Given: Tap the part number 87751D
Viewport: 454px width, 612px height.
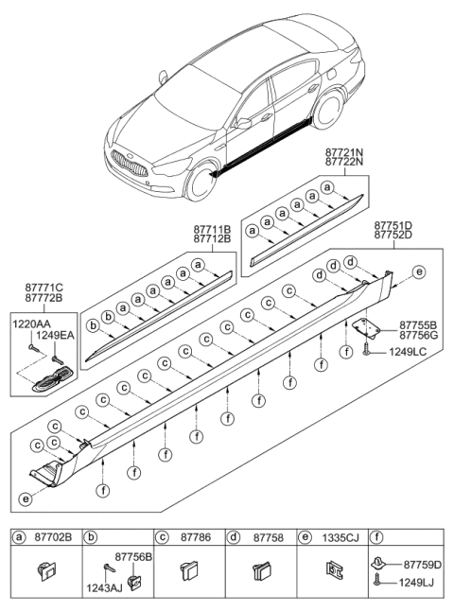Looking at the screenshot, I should pos(392,226).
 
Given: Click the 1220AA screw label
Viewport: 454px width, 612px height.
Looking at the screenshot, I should pos(31,324).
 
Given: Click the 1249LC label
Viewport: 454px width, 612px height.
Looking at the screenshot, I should pos(407,352).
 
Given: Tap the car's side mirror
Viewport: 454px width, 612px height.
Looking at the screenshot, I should pos(244,122).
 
